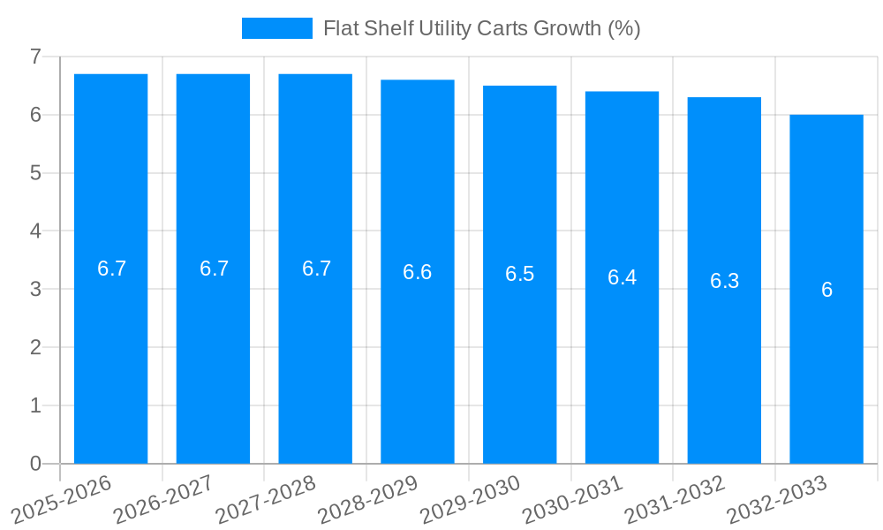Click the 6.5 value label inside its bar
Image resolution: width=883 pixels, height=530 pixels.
[519, 274]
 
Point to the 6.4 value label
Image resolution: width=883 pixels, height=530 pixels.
[622, 277]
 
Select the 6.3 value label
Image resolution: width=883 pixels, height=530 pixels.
[724, 281]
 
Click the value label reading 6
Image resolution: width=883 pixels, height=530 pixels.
[826, 290]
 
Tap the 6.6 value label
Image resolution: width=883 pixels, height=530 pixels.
[418, 272]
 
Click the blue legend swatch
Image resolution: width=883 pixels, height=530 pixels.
[276, 28]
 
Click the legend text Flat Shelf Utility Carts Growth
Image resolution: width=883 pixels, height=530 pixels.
[481, 28]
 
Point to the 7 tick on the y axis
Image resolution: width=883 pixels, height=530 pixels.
[35, 57]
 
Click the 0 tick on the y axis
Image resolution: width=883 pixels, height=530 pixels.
[35, 464]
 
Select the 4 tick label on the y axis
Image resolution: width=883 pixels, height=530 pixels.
[35, 231]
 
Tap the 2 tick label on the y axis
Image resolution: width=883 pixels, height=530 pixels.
[35, 347]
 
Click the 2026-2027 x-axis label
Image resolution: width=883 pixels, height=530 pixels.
[163, 499]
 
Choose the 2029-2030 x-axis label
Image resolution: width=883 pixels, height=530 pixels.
[471, 499]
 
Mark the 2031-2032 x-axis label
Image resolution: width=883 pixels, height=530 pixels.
[675, 499]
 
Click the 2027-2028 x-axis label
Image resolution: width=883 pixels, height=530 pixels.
[266, 499]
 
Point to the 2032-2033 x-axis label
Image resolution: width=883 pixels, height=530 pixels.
[777, 499]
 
